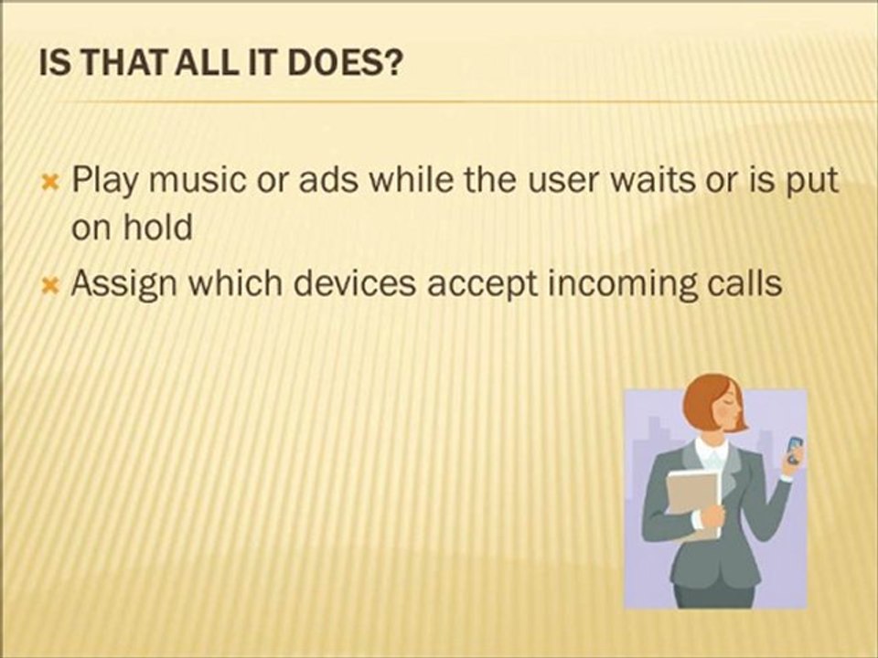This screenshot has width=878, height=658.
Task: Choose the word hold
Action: (158, 228)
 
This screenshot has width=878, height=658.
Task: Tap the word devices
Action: (355, 283)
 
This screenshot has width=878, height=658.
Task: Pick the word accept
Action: (481, 284)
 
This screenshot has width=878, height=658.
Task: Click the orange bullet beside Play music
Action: (50, 182)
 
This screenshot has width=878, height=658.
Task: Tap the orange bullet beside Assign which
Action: (50, 286)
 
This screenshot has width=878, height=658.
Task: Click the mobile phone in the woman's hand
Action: (795, 450)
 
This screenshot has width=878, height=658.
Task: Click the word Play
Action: (103, 180)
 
